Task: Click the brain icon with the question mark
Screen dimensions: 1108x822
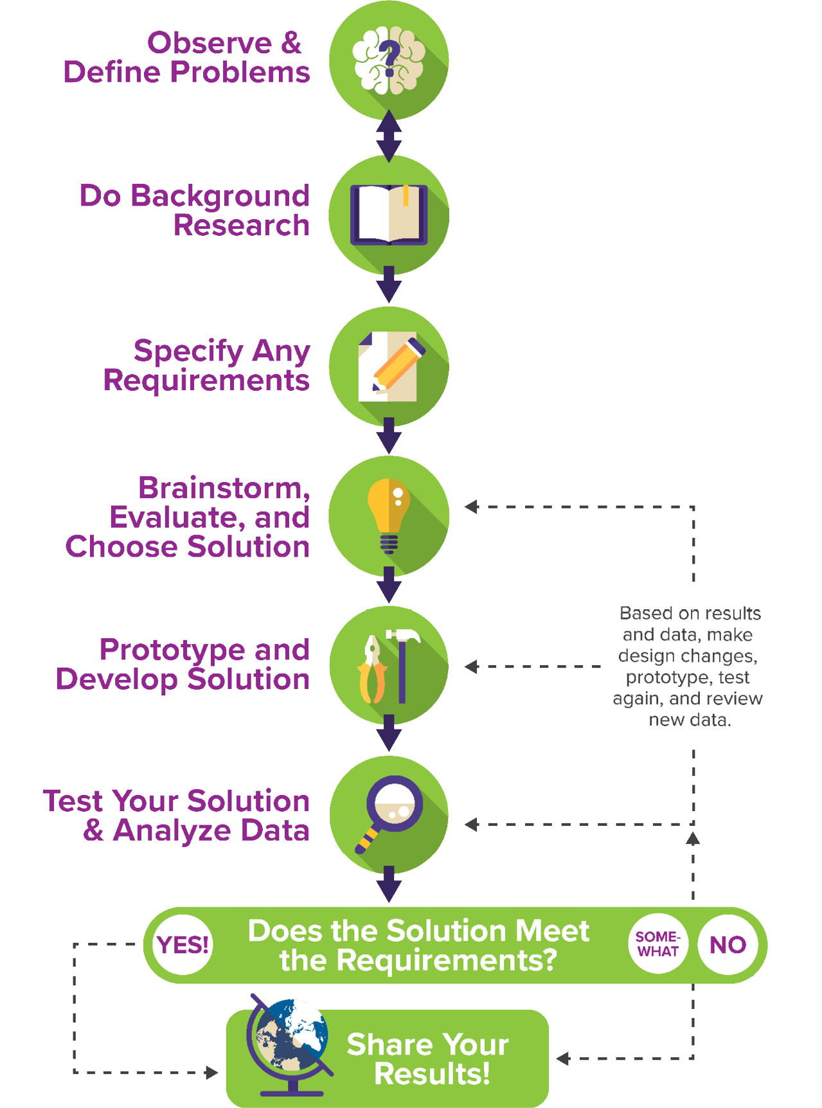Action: [389, 59]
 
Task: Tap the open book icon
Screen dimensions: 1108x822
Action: [389, 214]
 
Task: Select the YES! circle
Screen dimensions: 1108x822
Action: [183, 945]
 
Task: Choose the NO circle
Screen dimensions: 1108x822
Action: [728, 945]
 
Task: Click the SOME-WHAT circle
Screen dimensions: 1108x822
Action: [657, 944]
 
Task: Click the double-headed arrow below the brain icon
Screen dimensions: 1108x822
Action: [389, 136]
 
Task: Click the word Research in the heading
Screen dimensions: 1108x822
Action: [241, 226]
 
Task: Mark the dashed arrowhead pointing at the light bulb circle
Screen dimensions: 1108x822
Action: [471, 506]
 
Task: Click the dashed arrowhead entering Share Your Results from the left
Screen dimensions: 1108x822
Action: [211, 1072]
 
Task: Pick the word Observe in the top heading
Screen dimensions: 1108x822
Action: [210, 44]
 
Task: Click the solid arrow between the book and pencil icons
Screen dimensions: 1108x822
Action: [389, 285]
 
